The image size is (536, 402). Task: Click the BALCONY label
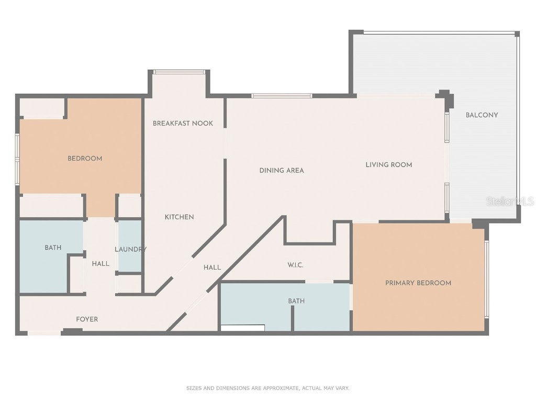[482, 115]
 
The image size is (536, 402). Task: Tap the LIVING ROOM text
[388, 165]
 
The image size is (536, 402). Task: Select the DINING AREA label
[282, 170]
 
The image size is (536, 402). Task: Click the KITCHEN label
[180, 217]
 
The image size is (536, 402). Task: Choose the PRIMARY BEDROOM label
[418, 283]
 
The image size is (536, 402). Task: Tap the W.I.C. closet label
[295, 265]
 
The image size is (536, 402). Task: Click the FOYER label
[87, 319]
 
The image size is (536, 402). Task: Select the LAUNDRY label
[130, 250]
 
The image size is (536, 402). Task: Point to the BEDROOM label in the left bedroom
[85, 159]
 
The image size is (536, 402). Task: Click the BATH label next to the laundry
[53, 248]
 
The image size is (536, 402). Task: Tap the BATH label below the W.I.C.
[296, 301]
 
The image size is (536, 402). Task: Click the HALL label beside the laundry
[100, 264]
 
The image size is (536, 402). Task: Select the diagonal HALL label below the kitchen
[212, 267]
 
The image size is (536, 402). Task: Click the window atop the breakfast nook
[180, 72]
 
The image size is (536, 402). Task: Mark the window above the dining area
[282, 96]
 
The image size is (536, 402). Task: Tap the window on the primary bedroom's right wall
[486, 278]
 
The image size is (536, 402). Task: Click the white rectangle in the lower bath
[242, 328]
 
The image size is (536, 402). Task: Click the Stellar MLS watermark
[509, 201]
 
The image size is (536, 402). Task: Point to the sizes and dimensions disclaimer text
[267, 388]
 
